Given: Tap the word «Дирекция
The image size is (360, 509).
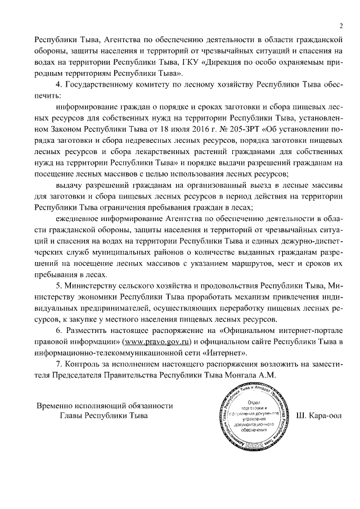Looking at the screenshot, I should point(229,62).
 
